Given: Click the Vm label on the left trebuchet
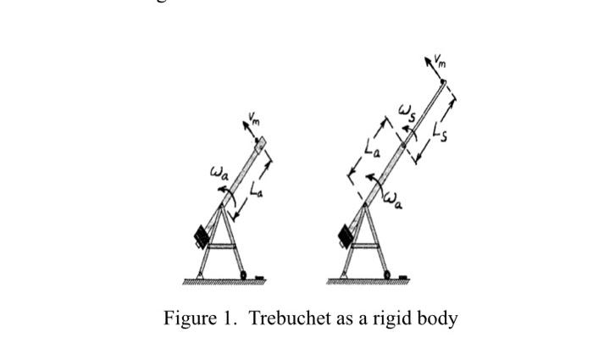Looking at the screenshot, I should (x=255, y=117).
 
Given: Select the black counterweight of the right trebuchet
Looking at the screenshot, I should (x=346, y=233).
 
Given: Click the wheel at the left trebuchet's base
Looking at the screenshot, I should (x=243, y=274).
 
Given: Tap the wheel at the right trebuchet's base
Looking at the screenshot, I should (x=387, y=274).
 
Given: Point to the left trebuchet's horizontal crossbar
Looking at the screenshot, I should (x=223, y=246).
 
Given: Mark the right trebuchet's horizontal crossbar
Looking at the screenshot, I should (x=366, y=246).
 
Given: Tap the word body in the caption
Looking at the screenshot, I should (x=439, y=319).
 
